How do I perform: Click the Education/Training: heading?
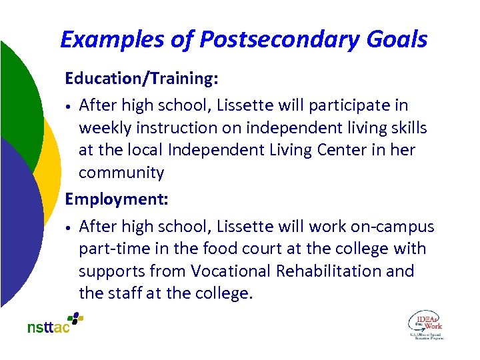[141, 79]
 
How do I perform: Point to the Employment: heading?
[116, 199]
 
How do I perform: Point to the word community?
[121, 173]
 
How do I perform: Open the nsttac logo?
[55, 324]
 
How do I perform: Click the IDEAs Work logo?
[425, 324]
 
